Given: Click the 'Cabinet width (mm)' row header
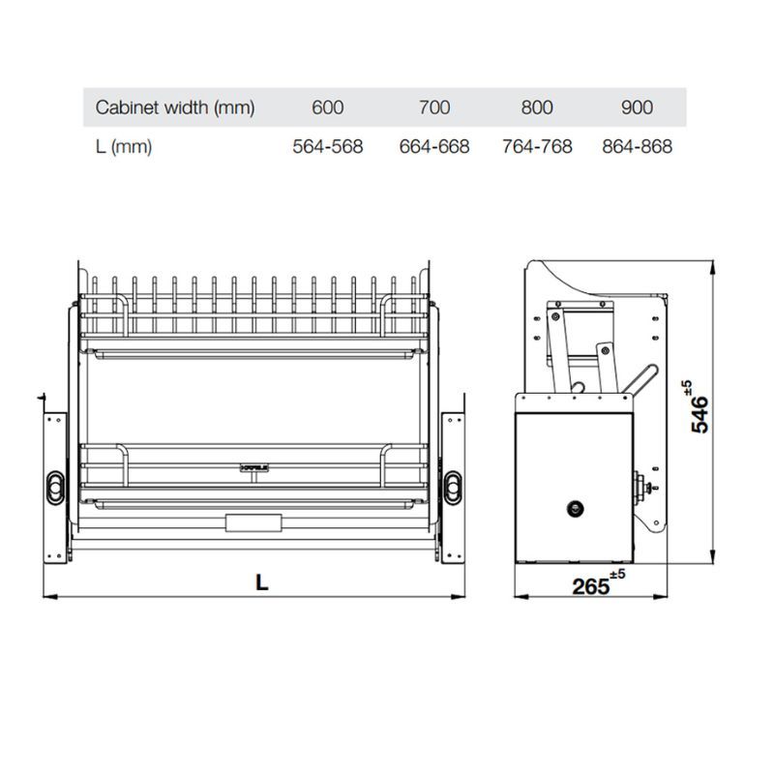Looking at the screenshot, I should pos(174,107).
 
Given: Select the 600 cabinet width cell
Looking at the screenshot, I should pos(328,107).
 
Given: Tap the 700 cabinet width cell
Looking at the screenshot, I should pos(434,107).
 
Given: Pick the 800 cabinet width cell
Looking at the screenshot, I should pos(537,107).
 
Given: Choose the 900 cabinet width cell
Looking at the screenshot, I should pos(638,107).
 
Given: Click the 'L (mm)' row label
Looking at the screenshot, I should pos(124,147).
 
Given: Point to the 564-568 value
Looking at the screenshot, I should pos(328,147).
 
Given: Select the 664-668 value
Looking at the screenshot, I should pos(434,147).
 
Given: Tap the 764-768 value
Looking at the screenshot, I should pos(537,147).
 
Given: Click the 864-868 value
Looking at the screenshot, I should pos(638,147).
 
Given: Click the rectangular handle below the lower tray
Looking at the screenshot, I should pos(253,523).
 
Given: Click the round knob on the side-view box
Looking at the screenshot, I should pos(575,506).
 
